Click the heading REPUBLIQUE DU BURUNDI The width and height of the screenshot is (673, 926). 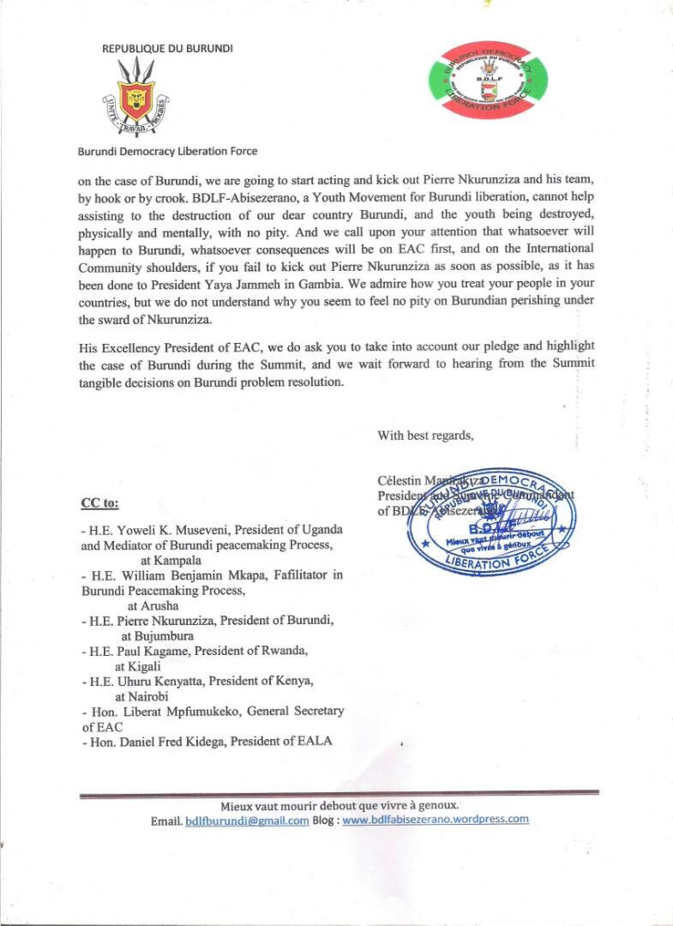[167, 48]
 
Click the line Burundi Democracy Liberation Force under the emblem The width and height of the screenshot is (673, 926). [167, 151]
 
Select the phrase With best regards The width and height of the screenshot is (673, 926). [425, 435]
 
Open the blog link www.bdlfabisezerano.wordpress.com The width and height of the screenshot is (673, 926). [436, 819]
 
